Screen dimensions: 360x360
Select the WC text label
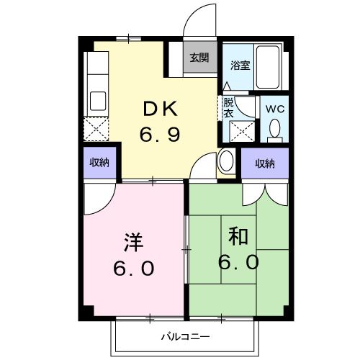(x=275, y=108)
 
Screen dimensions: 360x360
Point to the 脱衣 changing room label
(x=228, y=107)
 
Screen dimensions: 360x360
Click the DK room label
(x=160, y=110)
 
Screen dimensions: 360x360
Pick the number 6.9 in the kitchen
(x=159, y=135)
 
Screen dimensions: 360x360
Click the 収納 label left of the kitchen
(x=99, y=163)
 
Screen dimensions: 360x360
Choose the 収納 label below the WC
(x=264, y=163)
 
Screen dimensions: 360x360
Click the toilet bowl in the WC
(x=274, y=130)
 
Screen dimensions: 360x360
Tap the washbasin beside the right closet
(x=225, y=160)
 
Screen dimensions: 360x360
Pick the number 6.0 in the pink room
(x=133, y=269)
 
